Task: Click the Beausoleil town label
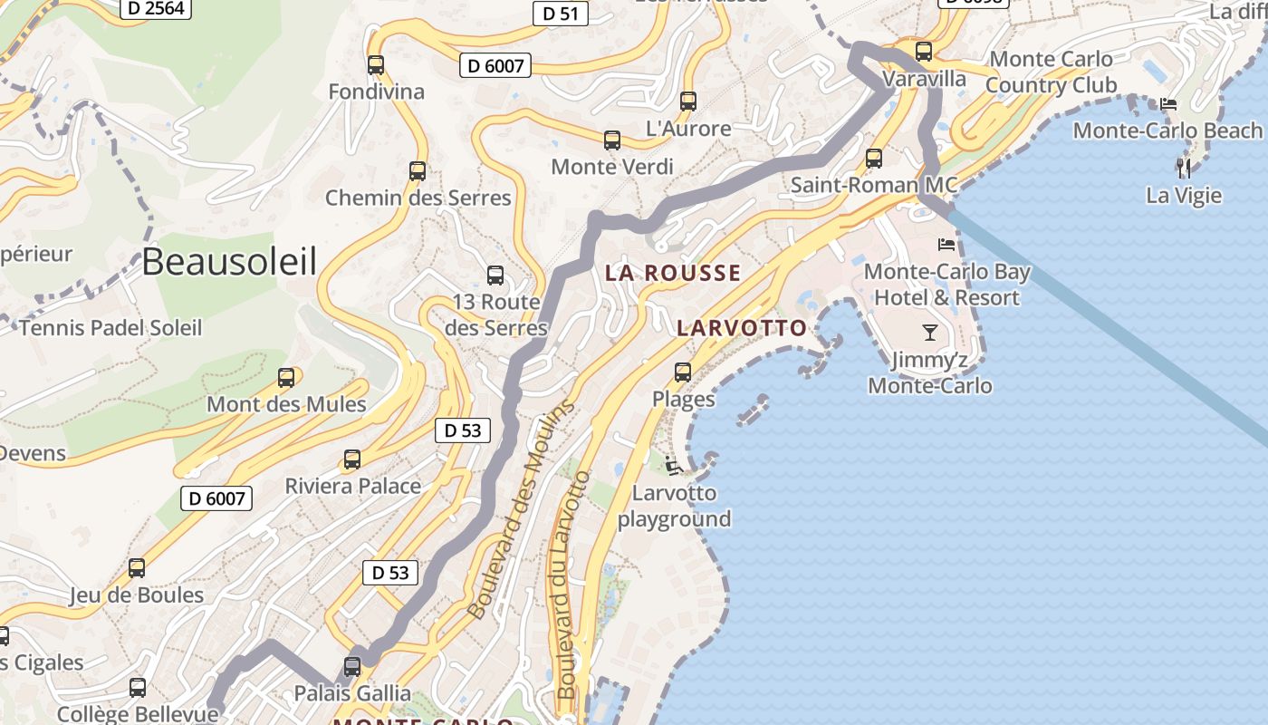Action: pos(229,262)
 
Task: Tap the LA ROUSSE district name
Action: pos(673,273)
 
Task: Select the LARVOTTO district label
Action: pos(742,328)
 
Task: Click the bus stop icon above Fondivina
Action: pos(376,65)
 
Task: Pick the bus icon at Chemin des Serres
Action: pos(418,171)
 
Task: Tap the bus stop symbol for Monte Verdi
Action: pos(612,140)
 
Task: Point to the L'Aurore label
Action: pos(688,129)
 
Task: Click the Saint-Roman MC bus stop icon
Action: pos(874,159)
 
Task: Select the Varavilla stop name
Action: pos(925,79)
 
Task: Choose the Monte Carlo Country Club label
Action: pos(1051,72)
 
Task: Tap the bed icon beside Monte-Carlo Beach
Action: pos(1169,104)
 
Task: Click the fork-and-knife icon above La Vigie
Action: pos(1184,168)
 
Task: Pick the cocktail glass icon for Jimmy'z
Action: pos(930,332)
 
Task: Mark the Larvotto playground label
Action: pos(675,506)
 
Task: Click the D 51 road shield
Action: pos(561,14)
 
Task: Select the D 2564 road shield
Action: pos(156,8)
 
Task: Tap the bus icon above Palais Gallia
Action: pos(352,667)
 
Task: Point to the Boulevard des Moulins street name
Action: pos(521,510)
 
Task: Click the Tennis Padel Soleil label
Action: pos(110,328)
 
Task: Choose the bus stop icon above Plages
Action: pos(683,372)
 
